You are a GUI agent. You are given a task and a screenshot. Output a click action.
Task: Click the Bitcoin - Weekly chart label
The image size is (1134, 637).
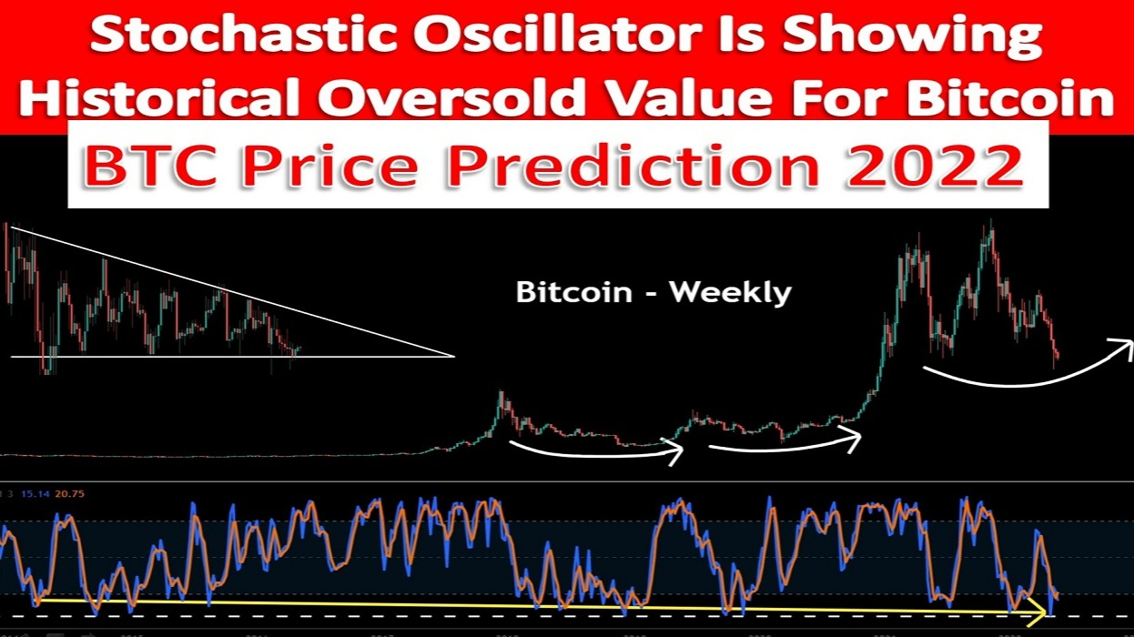pos(653,292)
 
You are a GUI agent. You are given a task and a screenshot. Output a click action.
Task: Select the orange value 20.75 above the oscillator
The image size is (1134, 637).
pos(69,493)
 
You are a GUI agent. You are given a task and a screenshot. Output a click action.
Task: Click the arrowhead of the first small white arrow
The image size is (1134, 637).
pos(675,450)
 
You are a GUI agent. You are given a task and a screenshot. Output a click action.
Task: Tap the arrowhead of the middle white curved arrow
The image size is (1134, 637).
pos(854,440)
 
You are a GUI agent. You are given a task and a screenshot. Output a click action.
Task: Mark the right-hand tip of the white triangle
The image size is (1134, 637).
pos(452,356)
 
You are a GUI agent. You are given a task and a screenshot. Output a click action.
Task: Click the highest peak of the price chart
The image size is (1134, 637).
pos(988,224)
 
